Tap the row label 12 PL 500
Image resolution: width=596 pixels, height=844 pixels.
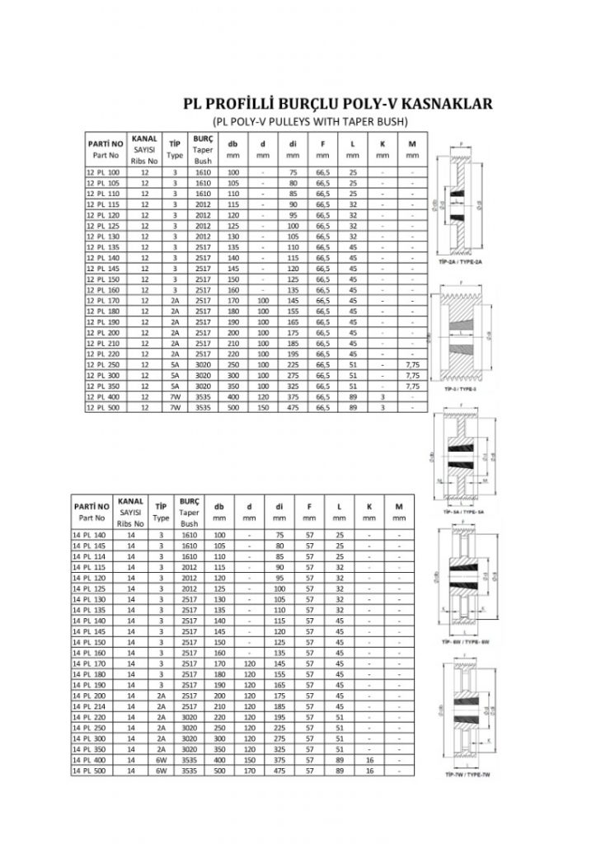pyautogui.click(x=103, y=407)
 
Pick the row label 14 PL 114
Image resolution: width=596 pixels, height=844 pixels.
pyautogui.click(x=90, y=557)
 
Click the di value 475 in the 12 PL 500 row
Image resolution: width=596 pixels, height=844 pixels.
pyautogui.click(x=293, y=407)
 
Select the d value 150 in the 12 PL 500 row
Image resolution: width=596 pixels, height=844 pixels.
pyautogui.click(x=262, y=407)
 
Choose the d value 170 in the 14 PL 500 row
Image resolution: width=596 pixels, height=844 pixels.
pyautogui.click(x=249, y=771)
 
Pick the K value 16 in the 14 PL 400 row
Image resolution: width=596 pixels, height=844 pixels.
pyautogui.click(x=369, y=761)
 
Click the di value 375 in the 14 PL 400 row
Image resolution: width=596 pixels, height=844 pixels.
pyautogui.click(x=279, y=761)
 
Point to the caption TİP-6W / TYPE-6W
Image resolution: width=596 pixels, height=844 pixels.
pyautogui.click(x=467, y=640)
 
